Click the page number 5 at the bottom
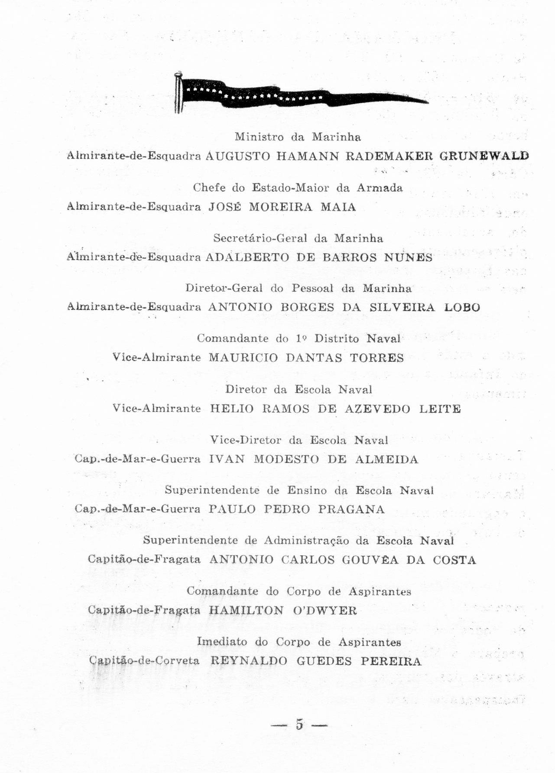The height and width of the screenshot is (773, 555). tap(299, 724)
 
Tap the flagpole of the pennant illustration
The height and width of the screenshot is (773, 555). tap(178, 93)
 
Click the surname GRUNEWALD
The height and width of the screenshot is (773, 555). tap(484, 156)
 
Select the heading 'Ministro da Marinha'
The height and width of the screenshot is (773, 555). tap(298, 137)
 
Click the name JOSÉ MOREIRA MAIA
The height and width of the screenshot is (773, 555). tap(282, 207)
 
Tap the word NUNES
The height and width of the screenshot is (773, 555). tap(408, 258)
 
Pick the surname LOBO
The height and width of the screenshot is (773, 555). tap(462, 307)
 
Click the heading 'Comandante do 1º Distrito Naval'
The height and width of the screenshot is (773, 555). tap(299, 339)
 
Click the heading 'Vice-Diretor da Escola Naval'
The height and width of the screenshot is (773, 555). tap(299, 440)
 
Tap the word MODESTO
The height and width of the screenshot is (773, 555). tap(286, 460)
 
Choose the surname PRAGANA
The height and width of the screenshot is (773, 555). tap(351, 509)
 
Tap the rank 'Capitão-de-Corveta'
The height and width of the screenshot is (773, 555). tap(144, 661)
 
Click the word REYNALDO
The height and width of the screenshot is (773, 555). tap(249, 662)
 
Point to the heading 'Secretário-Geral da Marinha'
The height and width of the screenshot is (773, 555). tap(298, 238)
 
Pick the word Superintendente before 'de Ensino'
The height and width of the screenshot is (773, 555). tap(212, 490)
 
